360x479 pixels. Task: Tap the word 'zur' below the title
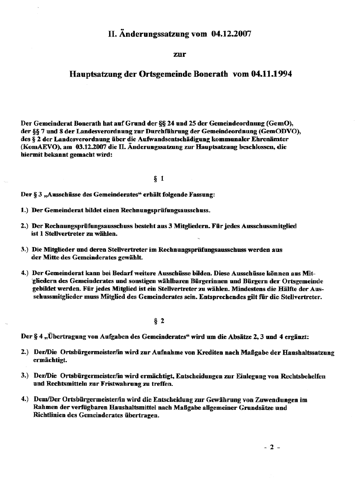pyautogui.click(x=180, y=54)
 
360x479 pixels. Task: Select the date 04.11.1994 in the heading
pyautogui.click(x=271, y=74)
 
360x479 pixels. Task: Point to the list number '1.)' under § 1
pyautogui.click(x=25, y=210)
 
